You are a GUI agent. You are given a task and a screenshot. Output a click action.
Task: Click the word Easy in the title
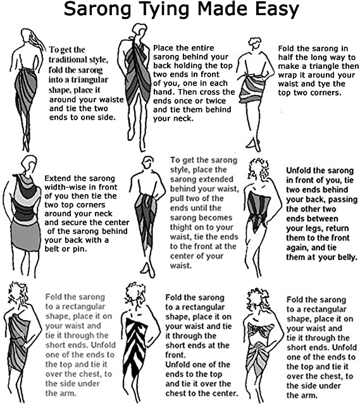point(277,10)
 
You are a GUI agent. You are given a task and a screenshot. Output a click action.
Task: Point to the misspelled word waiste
point(111,100)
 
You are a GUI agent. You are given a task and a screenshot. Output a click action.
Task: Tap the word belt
point(51,249)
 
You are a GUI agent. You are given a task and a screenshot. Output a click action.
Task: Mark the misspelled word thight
point(183,227)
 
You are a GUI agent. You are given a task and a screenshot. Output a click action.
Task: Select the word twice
point(216,101)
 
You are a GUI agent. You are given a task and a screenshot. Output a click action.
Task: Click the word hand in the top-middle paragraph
point(163,92)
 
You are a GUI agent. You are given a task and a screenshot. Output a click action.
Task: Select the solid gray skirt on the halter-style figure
point(26,235)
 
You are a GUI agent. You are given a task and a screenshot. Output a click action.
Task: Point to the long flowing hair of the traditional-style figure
point(37,41)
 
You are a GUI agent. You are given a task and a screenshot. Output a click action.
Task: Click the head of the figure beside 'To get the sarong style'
point(147,163)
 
